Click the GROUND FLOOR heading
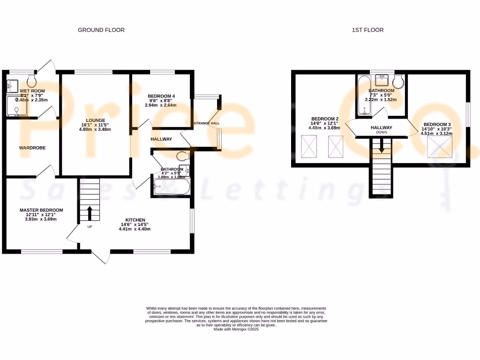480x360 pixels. point(101,30)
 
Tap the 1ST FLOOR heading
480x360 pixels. point(367,30)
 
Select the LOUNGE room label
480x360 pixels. point(96,120)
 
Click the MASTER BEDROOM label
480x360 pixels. point(41,210)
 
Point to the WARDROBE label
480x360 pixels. point(32,148)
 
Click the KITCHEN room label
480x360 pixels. point(135,220)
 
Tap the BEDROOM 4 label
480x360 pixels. point(161,96)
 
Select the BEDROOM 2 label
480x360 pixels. point(325,119)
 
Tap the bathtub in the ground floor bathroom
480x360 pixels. point(170,188)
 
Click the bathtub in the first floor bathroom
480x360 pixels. point(363,97)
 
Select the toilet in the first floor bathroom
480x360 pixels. point(399,82)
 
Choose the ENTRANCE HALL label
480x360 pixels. point(206,123)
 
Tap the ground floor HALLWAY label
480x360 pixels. point(161,139)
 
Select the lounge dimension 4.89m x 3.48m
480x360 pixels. point(96,129)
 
